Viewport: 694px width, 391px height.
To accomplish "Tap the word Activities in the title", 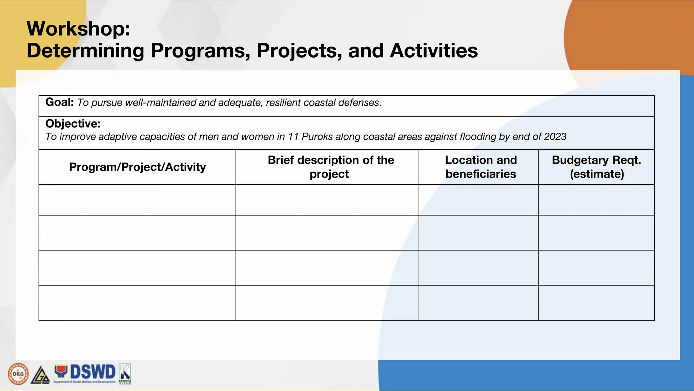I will point(434,51).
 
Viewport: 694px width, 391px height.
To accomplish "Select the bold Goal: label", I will point(59,102).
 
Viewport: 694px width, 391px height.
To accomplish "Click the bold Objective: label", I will point(73,124).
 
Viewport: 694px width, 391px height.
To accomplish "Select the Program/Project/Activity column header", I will point(137,167).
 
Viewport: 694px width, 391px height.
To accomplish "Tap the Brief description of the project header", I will point(330,167).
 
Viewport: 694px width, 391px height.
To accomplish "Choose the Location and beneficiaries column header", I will point(481,167).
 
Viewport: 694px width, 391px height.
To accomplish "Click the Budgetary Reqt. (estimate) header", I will point(596,167).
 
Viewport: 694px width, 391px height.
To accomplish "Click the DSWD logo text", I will point(92,372).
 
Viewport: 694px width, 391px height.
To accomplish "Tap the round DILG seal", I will point(18,374).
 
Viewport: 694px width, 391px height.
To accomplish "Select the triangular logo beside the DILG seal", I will point(40,375).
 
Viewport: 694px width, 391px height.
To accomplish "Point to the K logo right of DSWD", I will point(125,374).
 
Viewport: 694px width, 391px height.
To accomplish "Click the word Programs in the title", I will point(200,51).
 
